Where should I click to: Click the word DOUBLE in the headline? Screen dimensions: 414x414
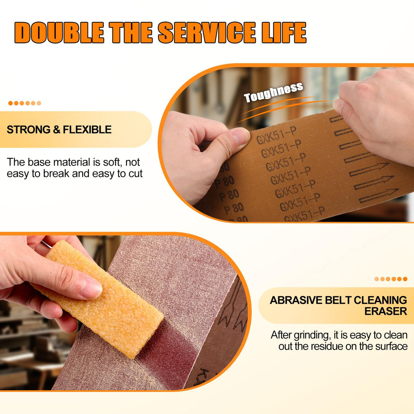coord(59,33)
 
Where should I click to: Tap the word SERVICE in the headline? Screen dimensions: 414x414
coord(207,33)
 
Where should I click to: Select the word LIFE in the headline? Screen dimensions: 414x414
coord(284,33)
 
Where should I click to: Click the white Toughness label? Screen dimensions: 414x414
coord(273,92)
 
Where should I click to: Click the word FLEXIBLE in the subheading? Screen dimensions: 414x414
coord(87,130)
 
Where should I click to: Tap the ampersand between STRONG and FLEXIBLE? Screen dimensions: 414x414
coord(56,130)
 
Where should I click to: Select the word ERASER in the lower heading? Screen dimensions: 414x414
coord(385,311)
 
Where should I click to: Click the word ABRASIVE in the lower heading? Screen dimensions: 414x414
coord(296,300)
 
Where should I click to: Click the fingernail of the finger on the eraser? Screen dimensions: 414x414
coord(91,288)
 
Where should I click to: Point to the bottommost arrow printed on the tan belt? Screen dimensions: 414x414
coord(379,196)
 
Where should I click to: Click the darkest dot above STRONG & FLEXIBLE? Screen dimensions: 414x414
coord(10,103)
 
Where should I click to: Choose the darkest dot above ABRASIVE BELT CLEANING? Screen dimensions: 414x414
coord(405,279)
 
